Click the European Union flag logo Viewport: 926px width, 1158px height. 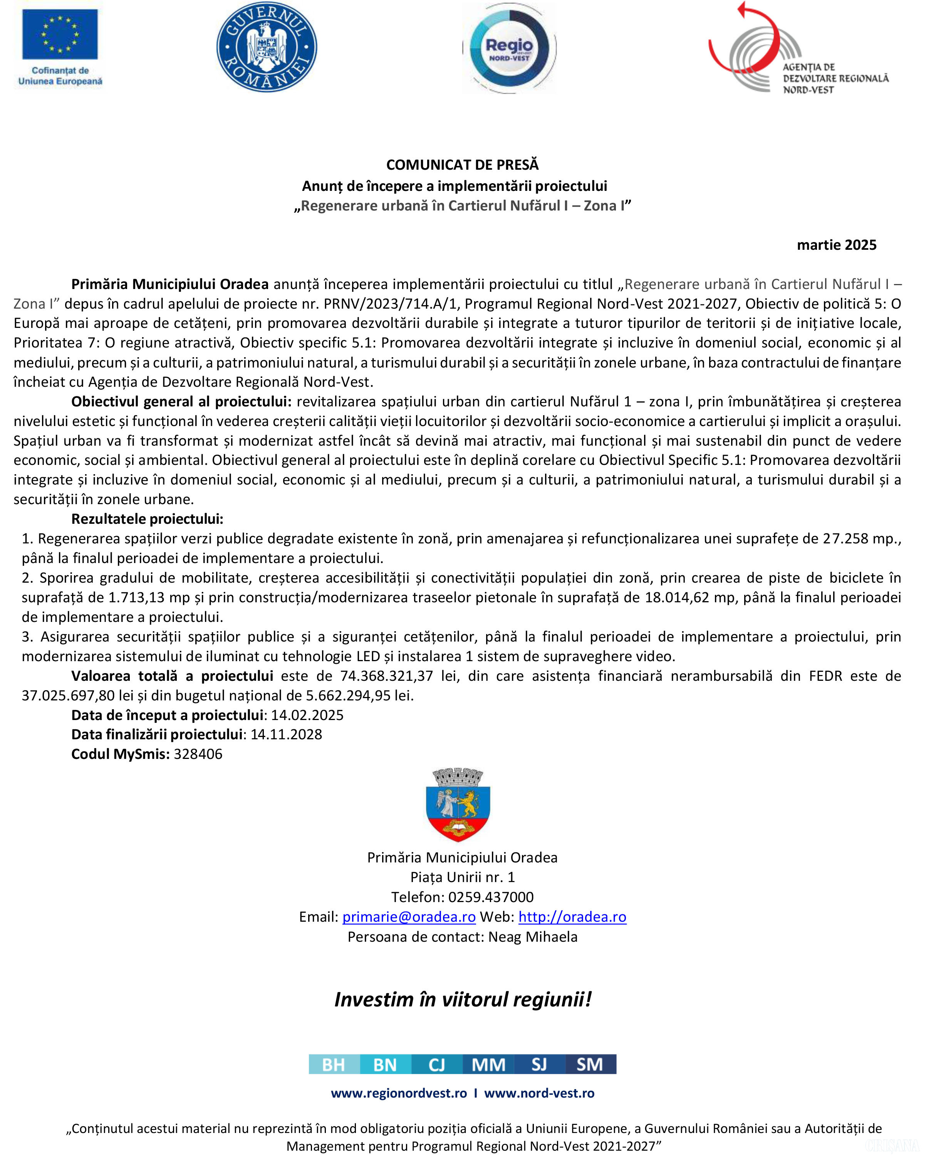tap(60, 34)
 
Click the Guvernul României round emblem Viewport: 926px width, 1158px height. tap(267, 46)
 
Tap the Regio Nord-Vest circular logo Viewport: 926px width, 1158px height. tap(508, 49)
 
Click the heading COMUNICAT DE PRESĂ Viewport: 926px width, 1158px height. tap(462, 165)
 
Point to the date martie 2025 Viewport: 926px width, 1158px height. tap(836, 245)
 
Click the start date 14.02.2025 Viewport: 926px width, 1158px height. tap(307, 715)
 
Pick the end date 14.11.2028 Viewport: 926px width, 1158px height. tap(286, 734)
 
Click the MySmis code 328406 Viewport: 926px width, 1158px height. tap(198, 754)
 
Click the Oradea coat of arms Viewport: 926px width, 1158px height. tap(458, 804)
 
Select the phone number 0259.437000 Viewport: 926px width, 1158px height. tap(491, 897)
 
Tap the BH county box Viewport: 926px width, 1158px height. tap(334, 1064)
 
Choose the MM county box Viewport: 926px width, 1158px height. tap(488, 1064)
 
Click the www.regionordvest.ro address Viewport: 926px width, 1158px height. tap(399, 1093)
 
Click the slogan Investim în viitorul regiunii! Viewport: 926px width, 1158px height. tap(463, 999)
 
